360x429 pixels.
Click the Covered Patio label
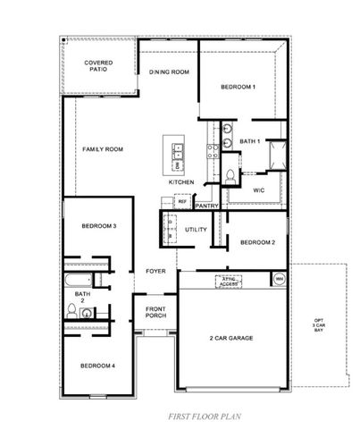[x=98, y=67]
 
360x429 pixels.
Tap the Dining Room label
[x=168, y=71]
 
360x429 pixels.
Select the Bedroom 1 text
[x=239, y=87]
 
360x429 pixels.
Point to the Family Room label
[x=103, y=149]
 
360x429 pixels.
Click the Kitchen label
[x=181, y=182]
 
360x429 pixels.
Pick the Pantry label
[x=207, y=206]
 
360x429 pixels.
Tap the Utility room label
[x=196, y=230]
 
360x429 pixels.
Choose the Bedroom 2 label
[x=257, y=242]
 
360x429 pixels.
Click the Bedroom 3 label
[x=99, y=225]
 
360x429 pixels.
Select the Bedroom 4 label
[x=97, y=366]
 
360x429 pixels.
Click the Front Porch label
[x=156, y=315]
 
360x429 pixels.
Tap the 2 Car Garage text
[x=231, y=339]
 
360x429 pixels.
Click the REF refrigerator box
[x=181, y=202]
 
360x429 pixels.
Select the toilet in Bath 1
[x=230, y=174]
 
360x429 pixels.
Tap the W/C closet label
[x=258, y=190]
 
